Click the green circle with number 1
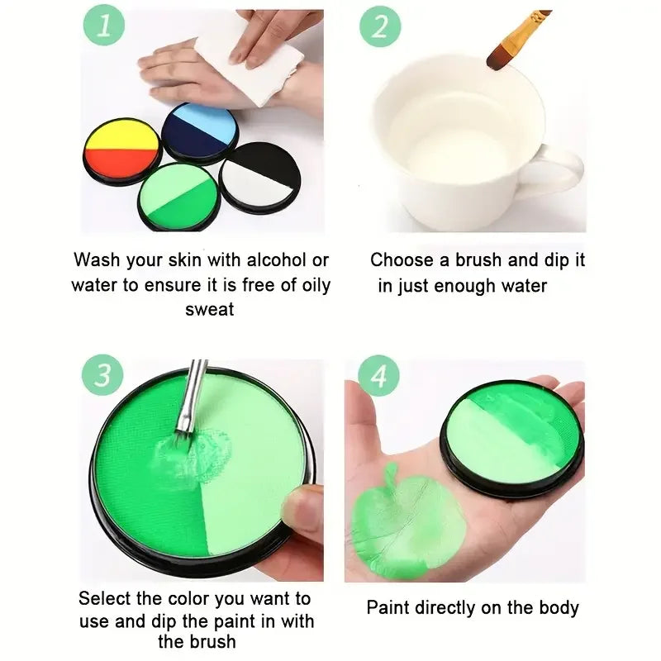(102, 26)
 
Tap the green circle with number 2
(379, 26)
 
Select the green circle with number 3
(102, 375)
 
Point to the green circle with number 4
(379, 377)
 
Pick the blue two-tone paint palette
(199, 132)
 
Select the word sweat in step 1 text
(209, 310)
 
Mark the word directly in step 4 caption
(452, 608)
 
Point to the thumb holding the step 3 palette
(303, 506)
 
